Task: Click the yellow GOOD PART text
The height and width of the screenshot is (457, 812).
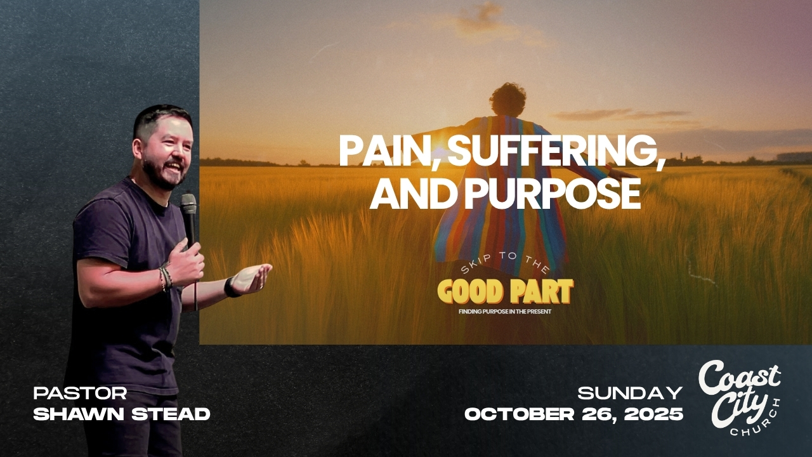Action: coord(506,291)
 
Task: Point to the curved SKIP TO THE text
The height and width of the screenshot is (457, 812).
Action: coord(506,262)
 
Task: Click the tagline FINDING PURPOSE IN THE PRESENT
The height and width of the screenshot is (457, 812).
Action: coord(505,312)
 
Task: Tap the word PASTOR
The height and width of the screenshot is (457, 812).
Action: coord(80,393)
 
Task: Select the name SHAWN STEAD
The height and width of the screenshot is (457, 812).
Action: coord(122,414)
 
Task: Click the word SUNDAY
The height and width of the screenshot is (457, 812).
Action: coord(630,393)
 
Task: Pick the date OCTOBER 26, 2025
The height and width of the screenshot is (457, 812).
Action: coord(574,414)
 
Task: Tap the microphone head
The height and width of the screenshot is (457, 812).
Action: coord(188,204)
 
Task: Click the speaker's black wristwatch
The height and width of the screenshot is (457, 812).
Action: coord(230,288)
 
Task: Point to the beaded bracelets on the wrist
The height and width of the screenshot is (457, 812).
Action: coord(166,279)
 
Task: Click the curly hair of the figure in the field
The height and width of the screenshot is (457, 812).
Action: coord(508,98)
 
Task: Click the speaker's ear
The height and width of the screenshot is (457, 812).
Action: coord(138,148)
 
